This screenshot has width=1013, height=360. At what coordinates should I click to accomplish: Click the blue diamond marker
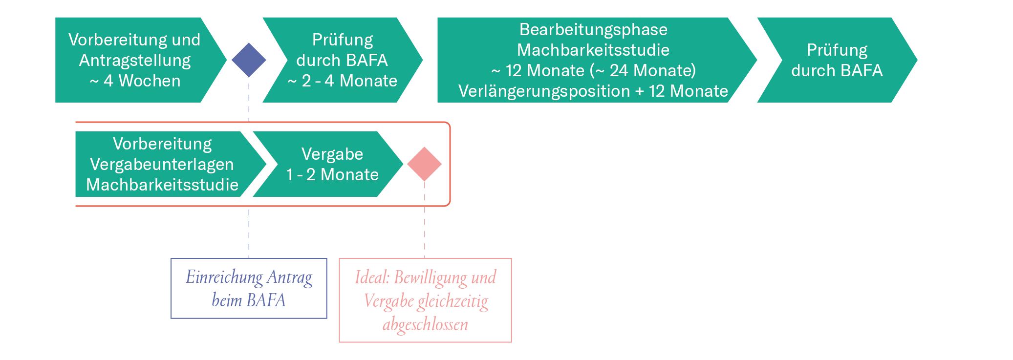[x=249, y=60]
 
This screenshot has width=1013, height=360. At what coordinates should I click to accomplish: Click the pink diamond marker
[x=424, y=164]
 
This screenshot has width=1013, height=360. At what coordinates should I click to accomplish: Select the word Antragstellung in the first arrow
[x=135, y=60]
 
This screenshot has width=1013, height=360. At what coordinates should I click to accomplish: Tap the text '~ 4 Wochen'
[x=135, y=81]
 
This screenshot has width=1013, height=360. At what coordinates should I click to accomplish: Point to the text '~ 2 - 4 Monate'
[x=342, y=81]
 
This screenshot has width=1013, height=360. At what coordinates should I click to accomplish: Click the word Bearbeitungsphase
[x=593, y=29]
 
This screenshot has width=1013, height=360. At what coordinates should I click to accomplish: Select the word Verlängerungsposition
[x=544, y=91]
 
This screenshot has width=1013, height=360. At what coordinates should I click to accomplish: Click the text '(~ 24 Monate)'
[x=643, y=70]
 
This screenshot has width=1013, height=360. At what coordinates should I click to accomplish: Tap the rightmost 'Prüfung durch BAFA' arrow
[x=837, y=60]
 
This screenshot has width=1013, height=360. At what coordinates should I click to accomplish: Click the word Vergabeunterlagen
[x=162, y=164]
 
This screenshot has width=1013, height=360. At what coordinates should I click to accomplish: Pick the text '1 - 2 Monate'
[x=332, y=174]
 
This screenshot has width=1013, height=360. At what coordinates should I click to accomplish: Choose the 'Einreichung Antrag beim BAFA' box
[x=249, y=288]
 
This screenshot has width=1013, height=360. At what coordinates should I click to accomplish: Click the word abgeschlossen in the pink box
[x=425, y=324]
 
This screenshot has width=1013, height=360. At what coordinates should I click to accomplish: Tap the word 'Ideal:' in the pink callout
[x=372, y=277]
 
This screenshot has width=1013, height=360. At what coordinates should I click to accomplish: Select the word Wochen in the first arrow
[x=150, y=81]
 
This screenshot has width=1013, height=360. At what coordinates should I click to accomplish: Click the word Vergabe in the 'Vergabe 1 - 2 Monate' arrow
[x=332, y=154]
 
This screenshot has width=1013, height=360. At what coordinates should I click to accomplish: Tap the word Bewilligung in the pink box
[x=430, y=277]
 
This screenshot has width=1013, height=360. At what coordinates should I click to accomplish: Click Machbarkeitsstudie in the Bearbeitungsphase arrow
[x=593, y=50]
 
